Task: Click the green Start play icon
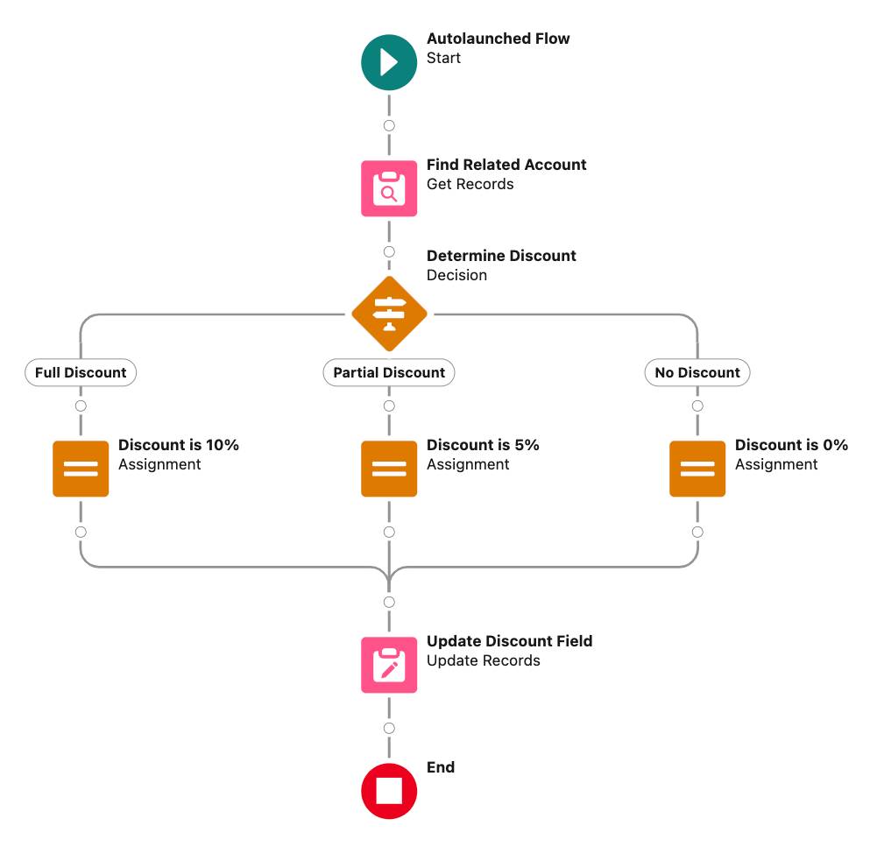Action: pos(389,62)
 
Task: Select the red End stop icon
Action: pos(389,791)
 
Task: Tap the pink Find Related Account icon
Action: pos(389,188)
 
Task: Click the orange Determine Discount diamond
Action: pos(389,314)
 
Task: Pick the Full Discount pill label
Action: pos(81,372)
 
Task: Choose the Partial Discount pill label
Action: pos(389,372)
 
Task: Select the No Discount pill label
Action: pos(697,372)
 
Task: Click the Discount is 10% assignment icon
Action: pos(81,469)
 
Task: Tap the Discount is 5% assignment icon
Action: pos(389,469)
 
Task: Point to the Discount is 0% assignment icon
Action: pos(697,469)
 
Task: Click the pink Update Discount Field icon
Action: pos(389,665)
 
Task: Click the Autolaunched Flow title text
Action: pos(498,39)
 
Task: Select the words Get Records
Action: pos(470,184)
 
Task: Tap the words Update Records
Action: pos(483,660)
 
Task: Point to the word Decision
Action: pos(456,275)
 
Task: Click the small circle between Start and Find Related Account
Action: pos(389,125)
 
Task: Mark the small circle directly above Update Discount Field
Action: pos(389,602)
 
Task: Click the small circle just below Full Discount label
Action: pos(81,406)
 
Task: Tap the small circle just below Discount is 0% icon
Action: pos(697,532)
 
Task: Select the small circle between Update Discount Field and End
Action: pos(389,728)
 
